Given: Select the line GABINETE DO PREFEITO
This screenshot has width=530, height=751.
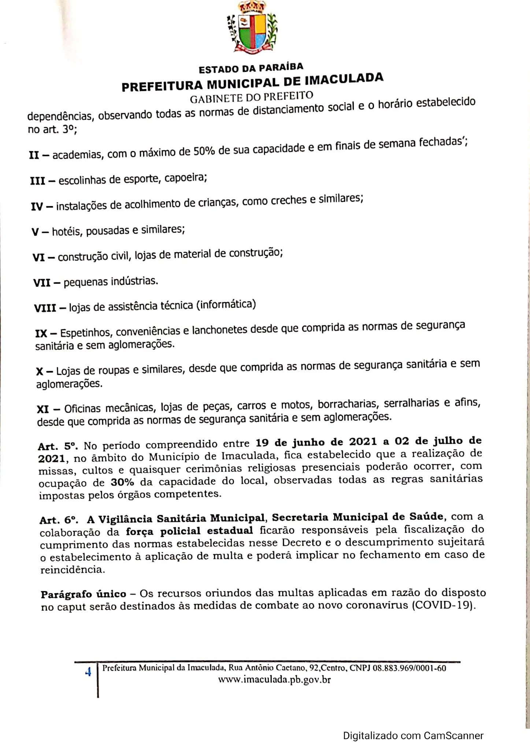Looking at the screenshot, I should tap(252, 97).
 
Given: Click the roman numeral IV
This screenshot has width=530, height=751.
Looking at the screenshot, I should tap(37, 206).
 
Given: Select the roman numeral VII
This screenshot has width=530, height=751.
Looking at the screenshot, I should tap(42, 282).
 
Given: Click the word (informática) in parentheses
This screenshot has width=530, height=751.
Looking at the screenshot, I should tap(226, 304).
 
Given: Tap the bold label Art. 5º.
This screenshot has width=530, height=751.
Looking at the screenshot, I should tap(58, 446).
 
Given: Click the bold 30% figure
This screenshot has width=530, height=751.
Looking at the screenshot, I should tap(122, 482).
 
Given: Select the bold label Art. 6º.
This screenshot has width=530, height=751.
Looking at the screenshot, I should tap(59, 520).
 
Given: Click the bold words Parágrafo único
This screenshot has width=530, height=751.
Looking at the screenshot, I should tap(83, 594).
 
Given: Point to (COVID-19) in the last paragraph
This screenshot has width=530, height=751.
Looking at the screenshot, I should tap(444, 604).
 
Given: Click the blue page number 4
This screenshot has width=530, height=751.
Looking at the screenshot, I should tap(88, 673).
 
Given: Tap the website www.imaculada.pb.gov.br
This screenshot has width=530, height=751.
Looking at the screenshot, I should tap(274, 679).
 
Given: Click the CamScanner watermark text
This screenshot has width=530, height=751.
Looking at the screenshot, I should tap(413, 735).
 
